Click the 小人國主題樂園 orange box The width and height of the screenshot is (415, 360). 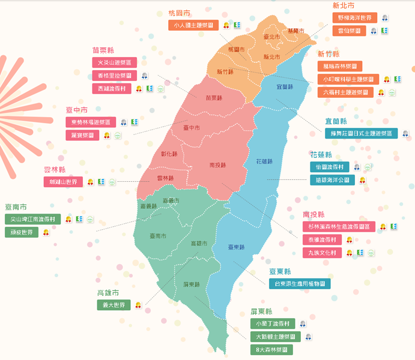pyautogui.click(x=194, y=25)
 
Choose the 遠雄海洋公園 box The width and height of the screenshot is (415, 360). pyautogui.click(x=332, y=179)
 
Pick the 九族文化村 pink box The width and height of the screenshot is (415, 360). pyautogui.click(x=322, y=253)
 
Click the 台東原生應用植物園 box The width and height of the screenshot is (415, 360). pyautogui.click(x=299, y=283)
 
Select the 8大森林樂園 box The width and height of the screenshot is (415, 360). pyautogui.click(x=271, y=349)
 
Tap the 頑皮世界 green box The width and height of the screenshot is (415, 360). pyautogui.click(x=21, y=232)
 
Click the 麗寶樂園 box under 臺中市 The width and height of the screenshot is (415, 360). pyautogui.click(x=82, y=135)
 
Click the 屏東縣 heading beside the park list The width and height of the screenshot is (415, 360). pyautogui.click(x=261, y=311)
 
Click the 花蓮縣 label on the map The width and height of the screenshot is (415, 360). pyautogui.click(x=264, y=161)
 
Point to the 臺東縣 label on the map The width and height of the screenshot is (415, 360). pyautogui.click(x=236, y=247)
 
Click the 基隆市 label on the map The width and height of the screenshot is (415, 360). pyautogui.click(x=295, y=31)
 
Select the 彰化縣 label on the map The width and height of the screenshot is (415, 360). pyautogui.click(x=169, y=154)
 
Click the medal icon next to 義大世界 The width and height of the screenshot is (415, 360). pyautogui.click(x=138, y=305)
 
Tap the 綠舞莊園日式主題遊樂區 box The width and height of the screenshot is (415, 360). pyautogui.click(x=360, y=133)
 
